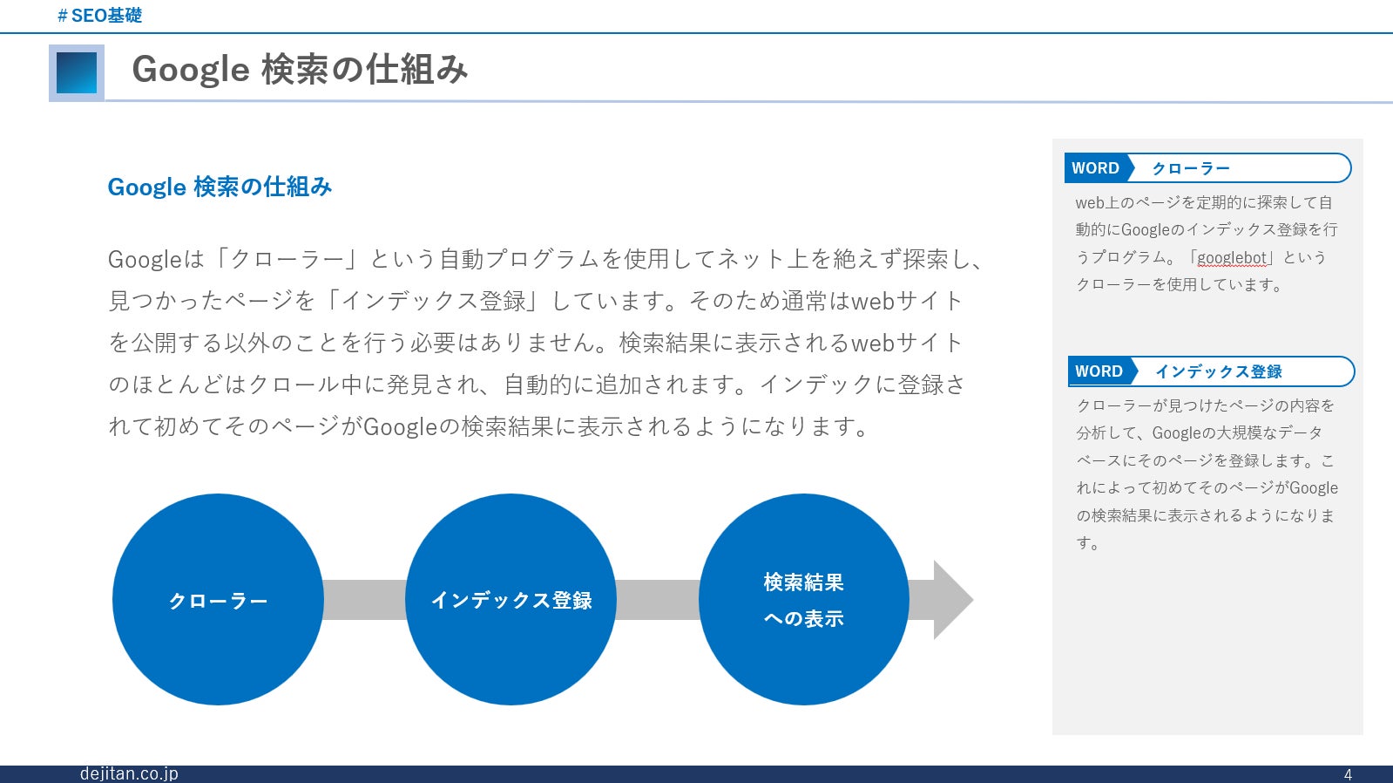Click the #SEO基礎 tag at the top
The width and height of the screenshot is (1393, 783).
coord(99,16)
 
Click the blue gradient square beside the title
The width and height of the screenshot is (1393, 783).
coord(77,73)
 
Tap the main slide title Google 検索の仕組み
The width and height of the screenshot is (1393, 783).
coord(300,70)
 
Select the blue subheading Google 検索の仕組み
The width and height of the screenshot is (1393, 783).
coord(220,187)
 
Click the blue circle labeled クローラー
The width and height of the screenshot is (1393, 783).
coord(218,600)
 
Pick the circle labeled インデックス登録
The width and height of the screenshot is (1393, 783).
coord(511,600)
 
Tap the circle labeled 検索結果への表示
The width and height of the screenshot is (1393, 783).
coord(803,600)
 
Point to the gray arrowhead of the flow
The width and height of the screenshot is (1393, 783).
coord(951,600)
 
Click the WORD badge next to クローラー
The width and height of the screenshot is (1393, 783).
coord(1096,168)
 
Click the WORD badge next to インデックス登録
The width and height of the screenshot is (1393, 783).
coord(1099,371)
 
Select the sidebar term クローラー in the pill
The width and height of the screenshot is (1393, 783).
coord(1191,168)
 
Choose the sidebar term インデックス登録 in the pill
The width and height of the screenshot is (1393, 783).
coord(1219,371)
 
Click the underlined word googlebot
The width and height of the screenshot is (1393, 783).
coord(1232,257)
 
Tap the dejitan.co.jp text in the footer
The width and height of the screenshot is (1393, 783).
coord(129,773)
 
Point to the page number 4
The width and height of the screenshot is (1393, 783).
coord(1348,774)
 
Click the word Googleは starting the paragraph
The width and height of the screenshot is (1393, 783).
coord(155,259)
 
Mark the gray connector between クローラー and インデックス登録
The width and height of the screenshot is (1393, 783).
coord(364,600)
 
